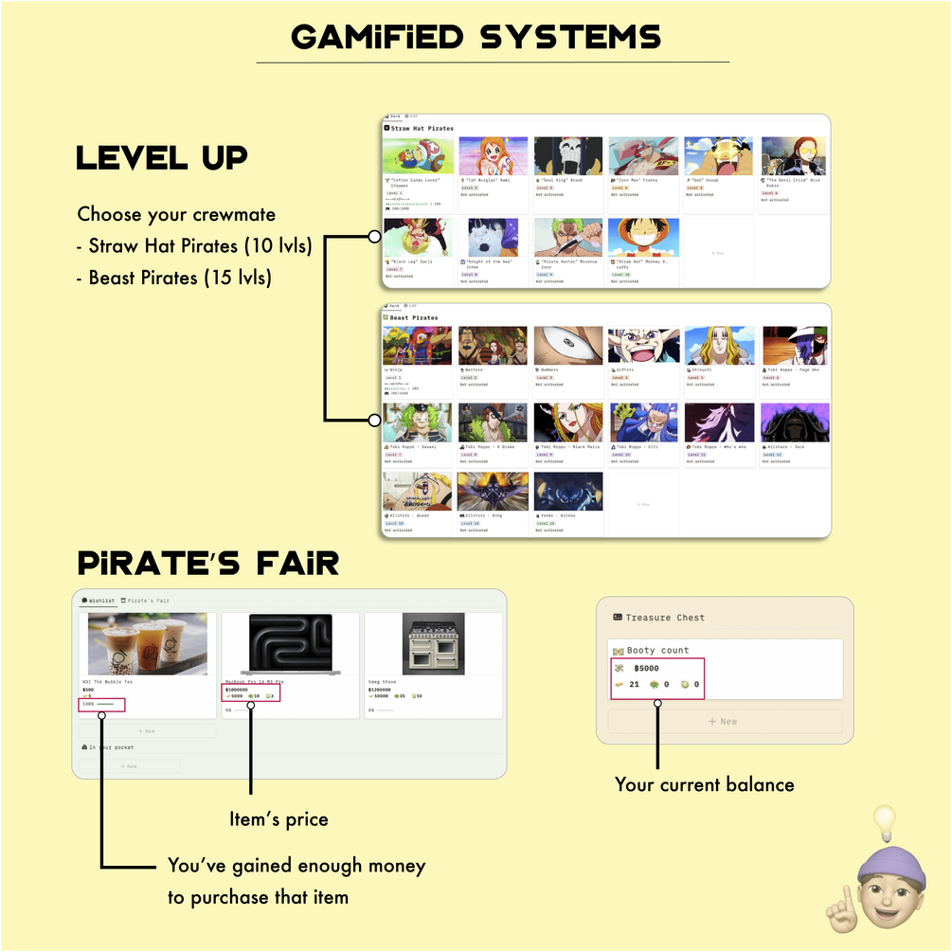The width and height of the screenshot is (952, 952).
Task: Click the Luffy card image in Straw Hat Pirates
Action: click(643, 238)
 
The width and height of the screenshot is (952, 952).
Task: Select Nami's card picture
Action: click(493, 155)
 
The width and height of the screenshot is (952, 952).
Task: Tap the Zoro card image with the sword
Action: click(567, 238)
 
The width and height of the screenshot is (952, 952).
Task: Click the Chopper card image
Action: click(417, 155)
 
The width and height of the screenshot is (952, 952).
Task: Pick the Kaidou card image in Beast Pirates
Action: click(567, 492)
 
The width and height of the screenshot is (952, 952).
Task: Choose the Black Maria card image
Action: click(567, 422)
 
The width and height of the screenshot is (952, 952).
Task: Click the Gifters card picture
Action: click(643, 346)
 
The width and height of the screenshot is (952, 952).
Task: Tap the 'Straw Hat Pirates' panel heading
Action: click(422, 128)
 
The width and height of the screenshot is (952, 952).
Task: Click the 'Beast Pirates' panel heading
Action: click(414, 318)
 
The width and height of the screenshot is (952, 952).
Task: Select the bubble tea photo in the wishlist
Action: click(147, 644)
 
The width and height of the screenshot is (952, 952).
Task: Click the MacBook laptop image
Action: click(290, 644)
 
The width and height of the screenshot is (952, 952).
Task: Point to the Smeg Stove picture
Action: click(433, 644)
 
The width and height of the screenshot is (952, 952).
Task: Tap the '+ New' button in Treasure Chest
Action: click(724, 722)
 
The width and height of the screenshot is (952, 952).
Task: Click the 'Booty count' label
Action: click(657, 651)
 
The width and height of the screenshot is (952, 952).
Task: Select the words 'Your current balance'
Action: click(704, 784)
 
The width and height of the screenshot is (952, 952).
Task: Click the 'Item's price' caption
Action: click(278, 818)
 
